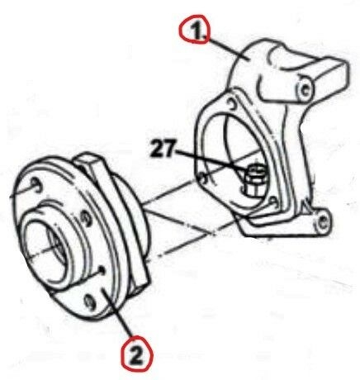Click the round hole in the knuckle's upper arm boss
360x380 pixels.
306,89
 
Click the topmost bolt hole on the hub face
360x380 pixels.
36,185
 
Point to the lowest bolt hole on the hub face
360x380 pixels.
90,302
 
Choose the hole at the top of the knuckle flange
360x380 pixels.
231,104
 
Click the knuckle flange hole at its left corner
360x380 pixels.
202,178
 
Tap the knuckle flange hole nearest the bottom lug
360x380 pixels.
273,202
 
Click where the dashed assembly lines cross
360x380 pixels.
212,234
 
